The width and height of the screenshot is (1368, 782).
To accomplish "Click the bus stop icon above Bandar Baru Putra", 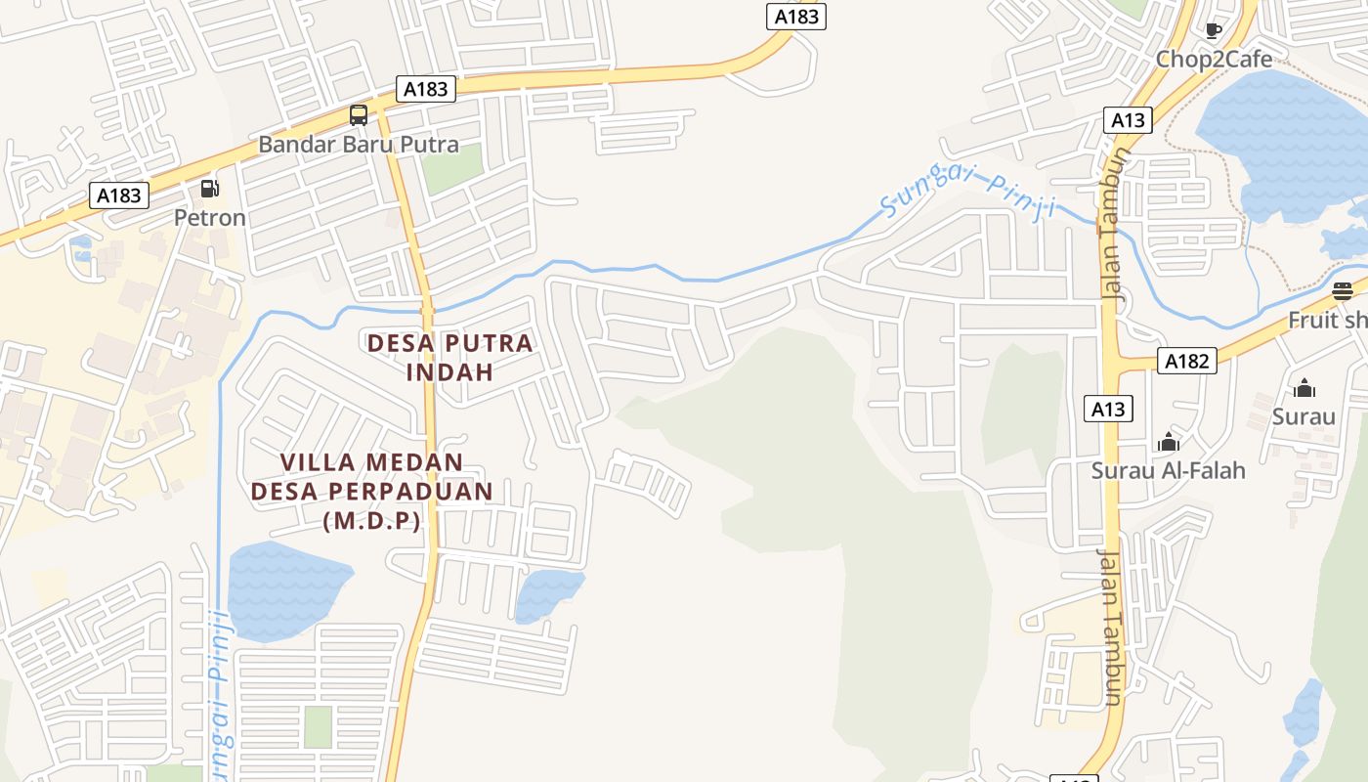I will pos(359,115).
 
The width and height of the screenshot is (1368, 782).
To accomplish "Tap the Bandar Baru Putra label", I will pos(359,145).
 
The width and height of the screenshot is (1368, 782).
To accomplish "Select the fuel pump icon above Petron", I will pos(209,188).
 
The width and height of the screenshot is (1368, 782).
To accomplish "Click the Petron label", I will pos(210,217).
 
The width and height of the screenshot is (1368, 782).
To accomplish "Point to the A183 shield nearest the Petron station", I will pos(119,195).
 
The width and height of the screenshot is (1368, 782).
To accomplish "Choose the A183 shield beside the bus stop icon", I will pos(426,89).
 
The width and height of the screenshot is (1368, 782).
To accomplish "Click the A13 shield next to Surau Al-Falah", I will pos(1108,409).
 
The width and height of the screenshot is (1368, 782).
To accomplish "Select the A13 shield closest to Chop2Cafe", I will pos(1128,120).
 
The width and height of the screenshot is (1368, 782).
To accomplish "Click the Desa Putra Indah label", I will pos(450,357).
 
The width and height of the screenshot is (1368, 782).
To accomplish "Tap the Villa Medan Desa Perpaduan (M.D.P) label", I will pos(372,491).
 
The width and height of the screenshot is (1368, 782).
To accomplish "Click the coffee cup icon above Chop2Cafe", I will pos(1214,30).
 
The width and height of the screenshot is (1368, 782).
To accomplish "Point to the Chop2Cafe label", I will pos(1214,60).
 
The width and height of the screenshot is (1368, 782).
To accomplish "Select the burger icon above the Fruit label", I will pos(1343,290).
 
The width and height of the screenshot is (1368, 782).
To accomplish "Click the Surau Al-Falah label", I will pos(1168,470).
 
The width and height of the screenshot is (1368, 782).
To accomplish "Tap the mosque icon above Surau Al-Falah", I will pos(1168,442).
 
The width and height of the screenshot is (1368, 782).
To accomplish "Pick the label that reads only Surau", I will pos(1304,416).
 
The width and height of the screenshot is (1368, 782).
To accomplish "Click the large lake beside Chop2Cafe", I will pos(1280,137).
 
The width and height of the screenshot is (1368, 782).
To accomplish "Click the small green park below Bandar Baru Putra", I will pos(452,167).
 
